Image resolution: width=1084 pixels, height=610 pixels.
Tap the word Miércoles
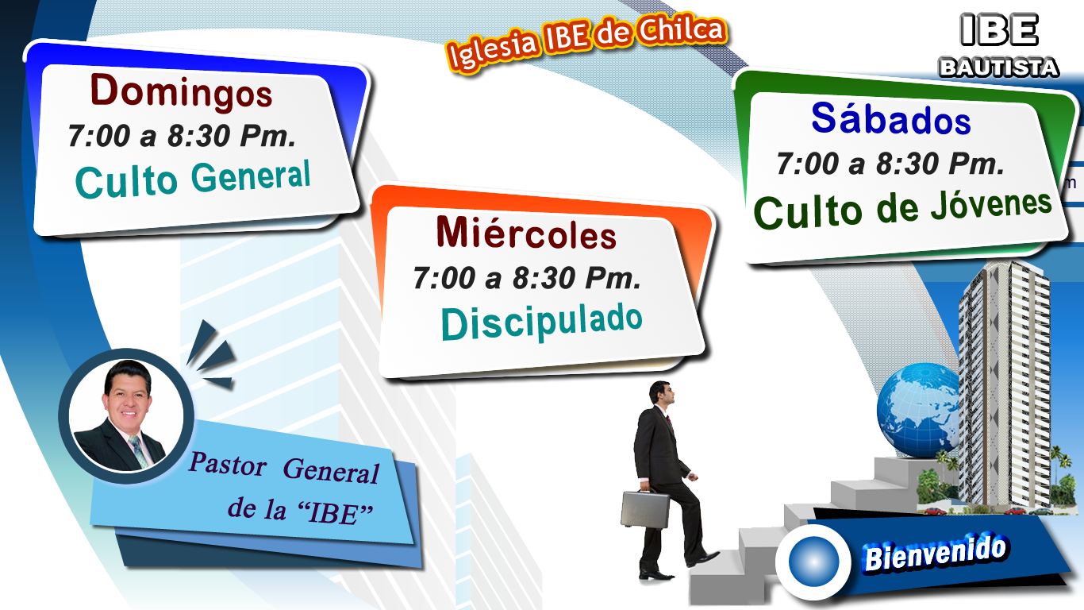[x=526, y=234]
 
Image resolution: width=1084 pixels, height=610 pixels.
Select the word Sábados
[x=891, y=118]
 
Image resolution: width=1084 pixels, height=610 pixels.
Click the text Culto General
[x=193, y=179]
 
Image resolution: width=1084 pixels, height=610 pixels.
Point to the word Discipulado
[x=541, y=321]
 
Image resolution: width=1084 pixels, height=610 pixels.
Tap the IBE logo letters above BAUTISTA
[x=999, y=30]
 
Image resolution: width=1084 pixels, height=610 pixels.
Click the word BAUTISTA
[x=999, y=68]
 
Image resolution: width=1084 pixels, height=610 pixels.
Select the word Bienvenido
[x=935, y=553]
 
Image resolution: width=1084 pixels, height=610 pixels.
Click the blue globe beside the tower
[x=917, y=410]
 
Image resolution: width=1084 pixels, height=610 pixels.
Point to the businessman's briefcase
[x=644, y=508]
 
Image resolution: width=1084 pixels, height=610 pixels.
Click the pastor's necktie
[x=140, y=450]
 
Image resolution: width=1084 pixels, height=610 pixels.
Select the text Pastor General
[x=284, y=468]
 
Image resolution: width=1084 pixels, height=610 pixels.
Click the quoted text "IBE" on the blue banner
[x=335, y=512]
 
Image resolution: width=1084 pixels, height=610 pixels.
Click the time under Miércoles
[x=527, y=278]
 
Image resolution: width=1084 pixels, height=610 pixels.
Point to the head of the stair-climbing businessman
[x=662, y=393]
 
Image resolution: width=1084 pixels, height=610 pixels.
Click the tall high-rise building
[x=1004, y=388]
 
